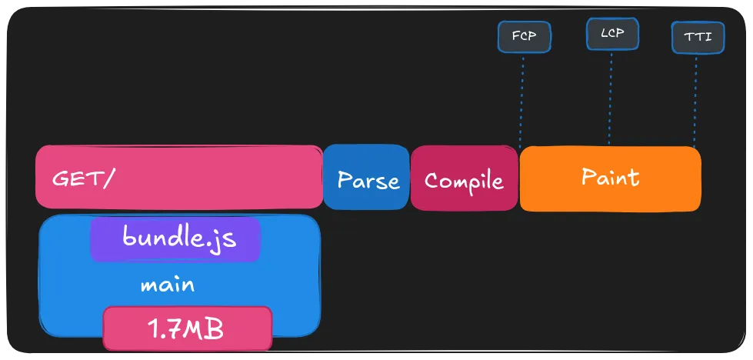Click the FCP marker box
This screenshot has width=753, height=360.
click(525, 36)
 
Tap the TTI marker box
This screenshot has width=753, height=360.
click(697, 37)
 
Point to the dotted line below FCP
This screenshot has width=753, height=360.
click(522, 100)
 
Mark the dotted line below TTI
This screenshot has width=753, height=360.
click(695, 100)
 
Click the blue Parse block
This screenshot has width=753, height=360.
click(366, 177)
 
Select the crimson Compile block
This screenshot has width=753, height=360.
click(464, 178)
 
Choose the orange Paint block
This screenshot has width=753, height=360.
click(611, 178)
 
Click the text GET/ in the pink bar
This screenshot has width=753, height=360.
click(83, 179)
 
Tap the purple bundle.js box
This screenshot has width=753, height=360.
click(176, 238)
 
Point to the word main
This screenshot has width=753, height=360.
click(167, 285)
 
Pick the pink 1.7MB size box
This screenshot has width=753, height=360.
click(188, 328)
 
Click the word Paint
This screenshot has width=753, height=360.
click(610, 178)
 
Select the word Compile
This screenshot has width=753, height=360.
click(464, 181)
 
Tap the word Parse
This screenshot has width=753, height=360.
click(368, 181)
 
